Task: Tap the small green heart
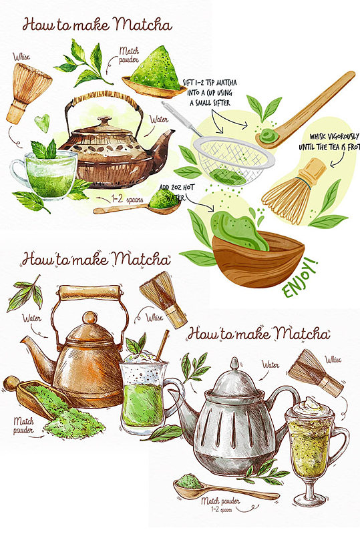[42, 122]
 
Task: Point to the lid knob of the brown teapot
[105, 121]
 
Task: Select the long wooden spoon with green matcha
[305, 111]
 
